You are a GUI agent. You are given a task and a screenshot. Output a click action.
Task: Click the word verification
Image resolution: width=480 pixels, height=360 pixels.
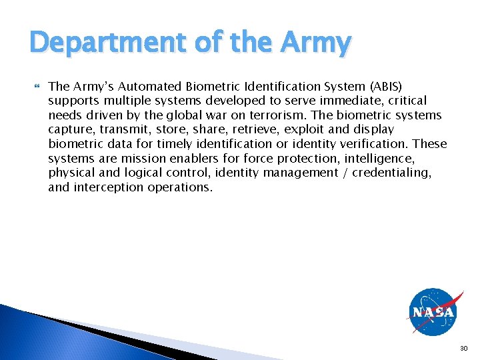coord(375,144)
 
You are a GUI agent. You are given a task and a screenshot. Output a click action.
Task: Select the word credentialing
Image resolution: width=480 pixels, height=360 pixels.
coord(393,173)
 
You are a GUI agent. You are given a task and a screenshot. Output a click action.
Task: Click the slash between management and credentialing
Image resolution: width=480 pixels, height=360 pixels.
coord(347,173)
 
